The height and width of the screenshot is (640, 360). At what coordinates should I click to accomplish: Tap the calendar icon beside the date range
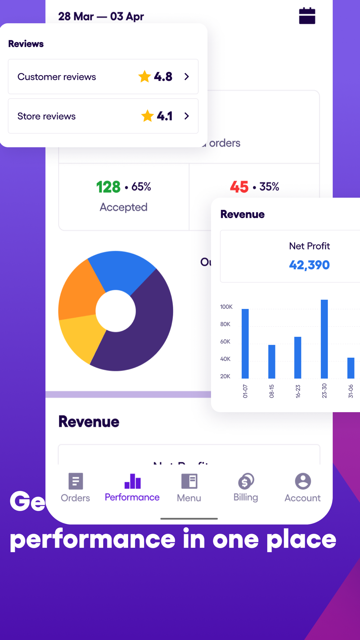[307, 16]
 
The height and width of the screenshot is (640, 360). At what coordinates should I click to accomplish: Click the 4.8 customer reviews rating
[163, 77]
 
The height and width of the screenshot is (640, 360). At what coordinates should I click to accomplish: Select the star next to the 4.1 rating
[147, 116]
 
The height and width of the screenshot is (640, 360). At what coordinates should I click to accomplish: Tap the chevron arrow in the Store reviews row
[186, 116]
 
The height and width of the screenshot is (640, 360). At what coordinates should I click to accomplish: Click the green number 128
[108, 187]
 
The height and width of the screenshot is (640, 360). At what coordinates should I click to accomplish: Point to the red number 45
[239, 187]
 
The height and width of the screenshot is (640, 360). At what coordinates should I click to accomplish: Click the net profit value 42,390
[309, 265]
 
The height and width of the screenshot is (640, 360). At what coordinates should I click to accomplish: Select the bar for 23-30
[324, 339]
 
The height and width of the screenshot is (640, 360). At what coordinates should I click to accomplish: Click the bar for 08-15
[272, 361]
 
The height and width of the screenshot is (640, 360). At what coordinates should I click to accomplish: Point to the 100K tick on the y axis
[226, 307]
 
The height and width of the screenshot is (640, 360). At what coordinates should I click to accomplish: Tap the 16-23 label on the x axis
[298, 391]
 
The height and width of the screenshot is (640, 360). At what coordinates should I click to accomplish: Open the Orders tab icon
[76, 481]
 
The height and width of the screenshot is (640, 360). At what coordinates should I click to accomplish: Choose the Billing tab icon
[246, 481]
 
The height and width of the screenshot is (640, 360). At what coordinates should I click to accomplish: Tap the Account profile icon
[303, 481]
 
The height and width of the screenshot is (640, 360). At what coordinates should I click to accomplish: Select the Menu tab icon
[189, 481]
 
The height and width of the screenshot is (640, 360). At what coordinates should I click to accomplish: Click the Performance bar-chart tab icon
[132, 481]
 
